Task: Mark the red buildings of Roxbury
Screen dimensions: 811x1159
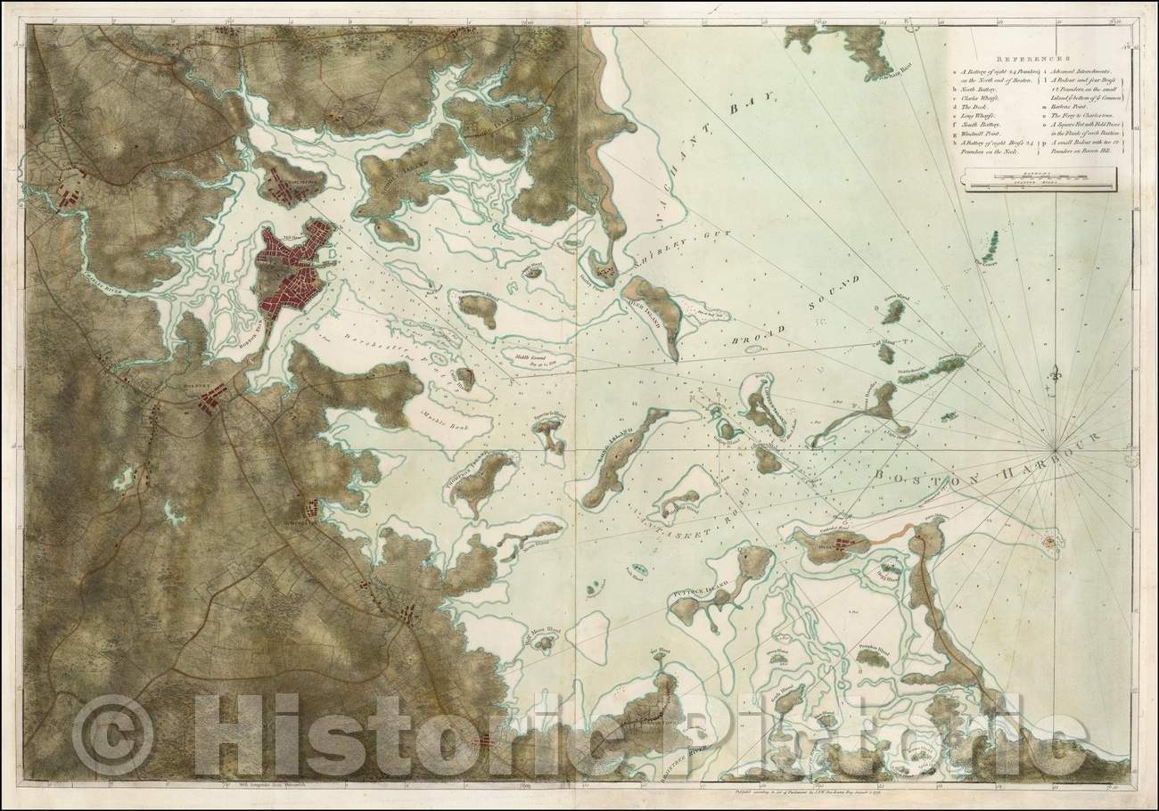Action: coord(212,404)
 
